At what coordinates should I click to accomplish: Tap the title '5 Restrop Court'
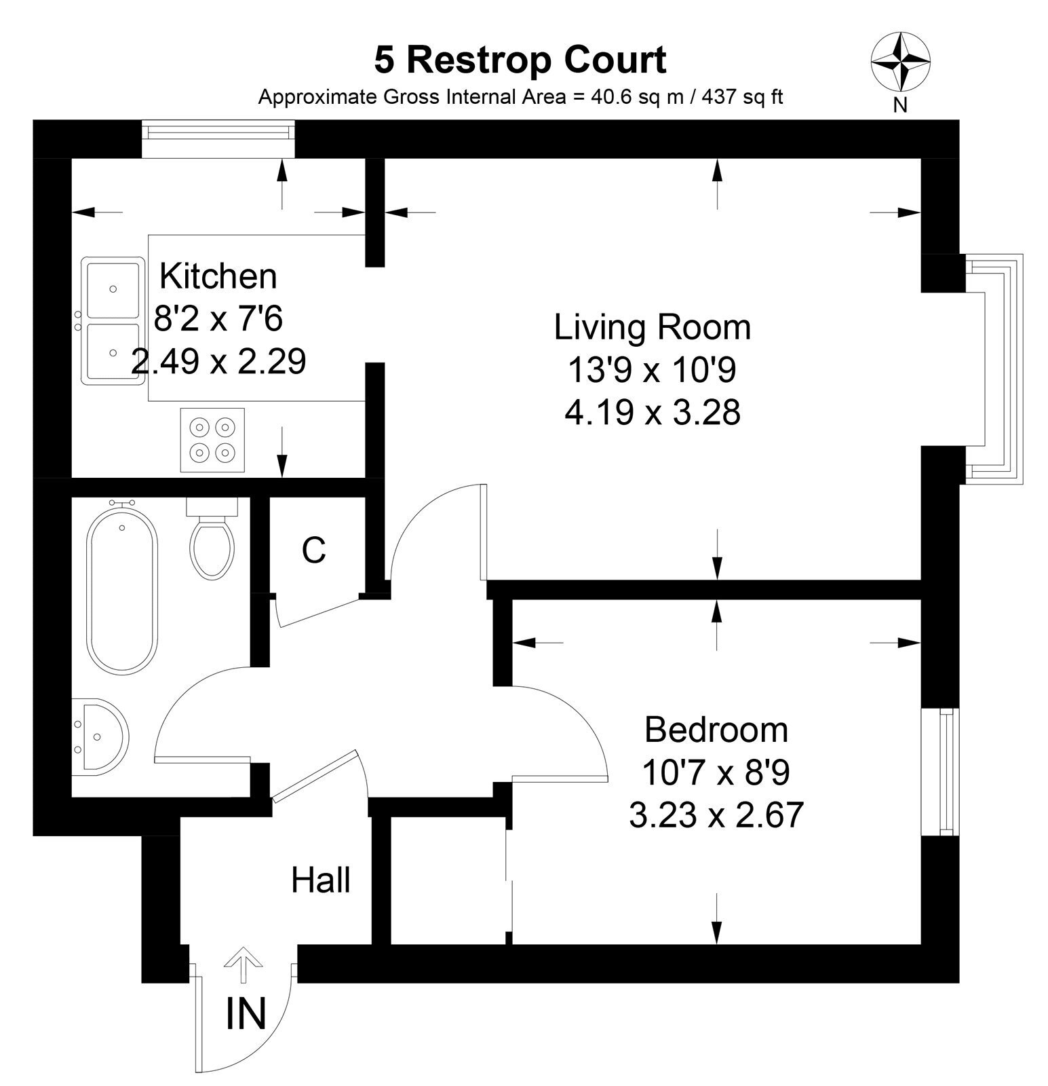click(520, 60)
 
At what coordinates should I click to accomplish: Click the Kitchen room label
click(218, 276)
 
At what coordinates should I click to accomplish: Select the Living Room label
click(653, 327)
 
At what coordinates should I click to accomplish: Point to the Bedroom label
click(716, 730)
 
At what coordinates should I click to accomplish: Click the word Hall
click(321, 880)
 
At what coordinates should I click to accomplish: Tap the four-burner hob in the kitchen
click(212, 440)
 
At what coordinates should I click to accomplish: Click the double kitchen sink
click(112, 320)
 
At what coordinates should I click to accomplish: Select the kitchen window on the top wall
click(218, 140)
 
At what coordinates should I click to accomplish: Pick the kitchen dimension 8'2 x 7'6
click(218, 318)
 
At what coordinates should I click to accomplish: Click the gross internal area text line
click(520, 97)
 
